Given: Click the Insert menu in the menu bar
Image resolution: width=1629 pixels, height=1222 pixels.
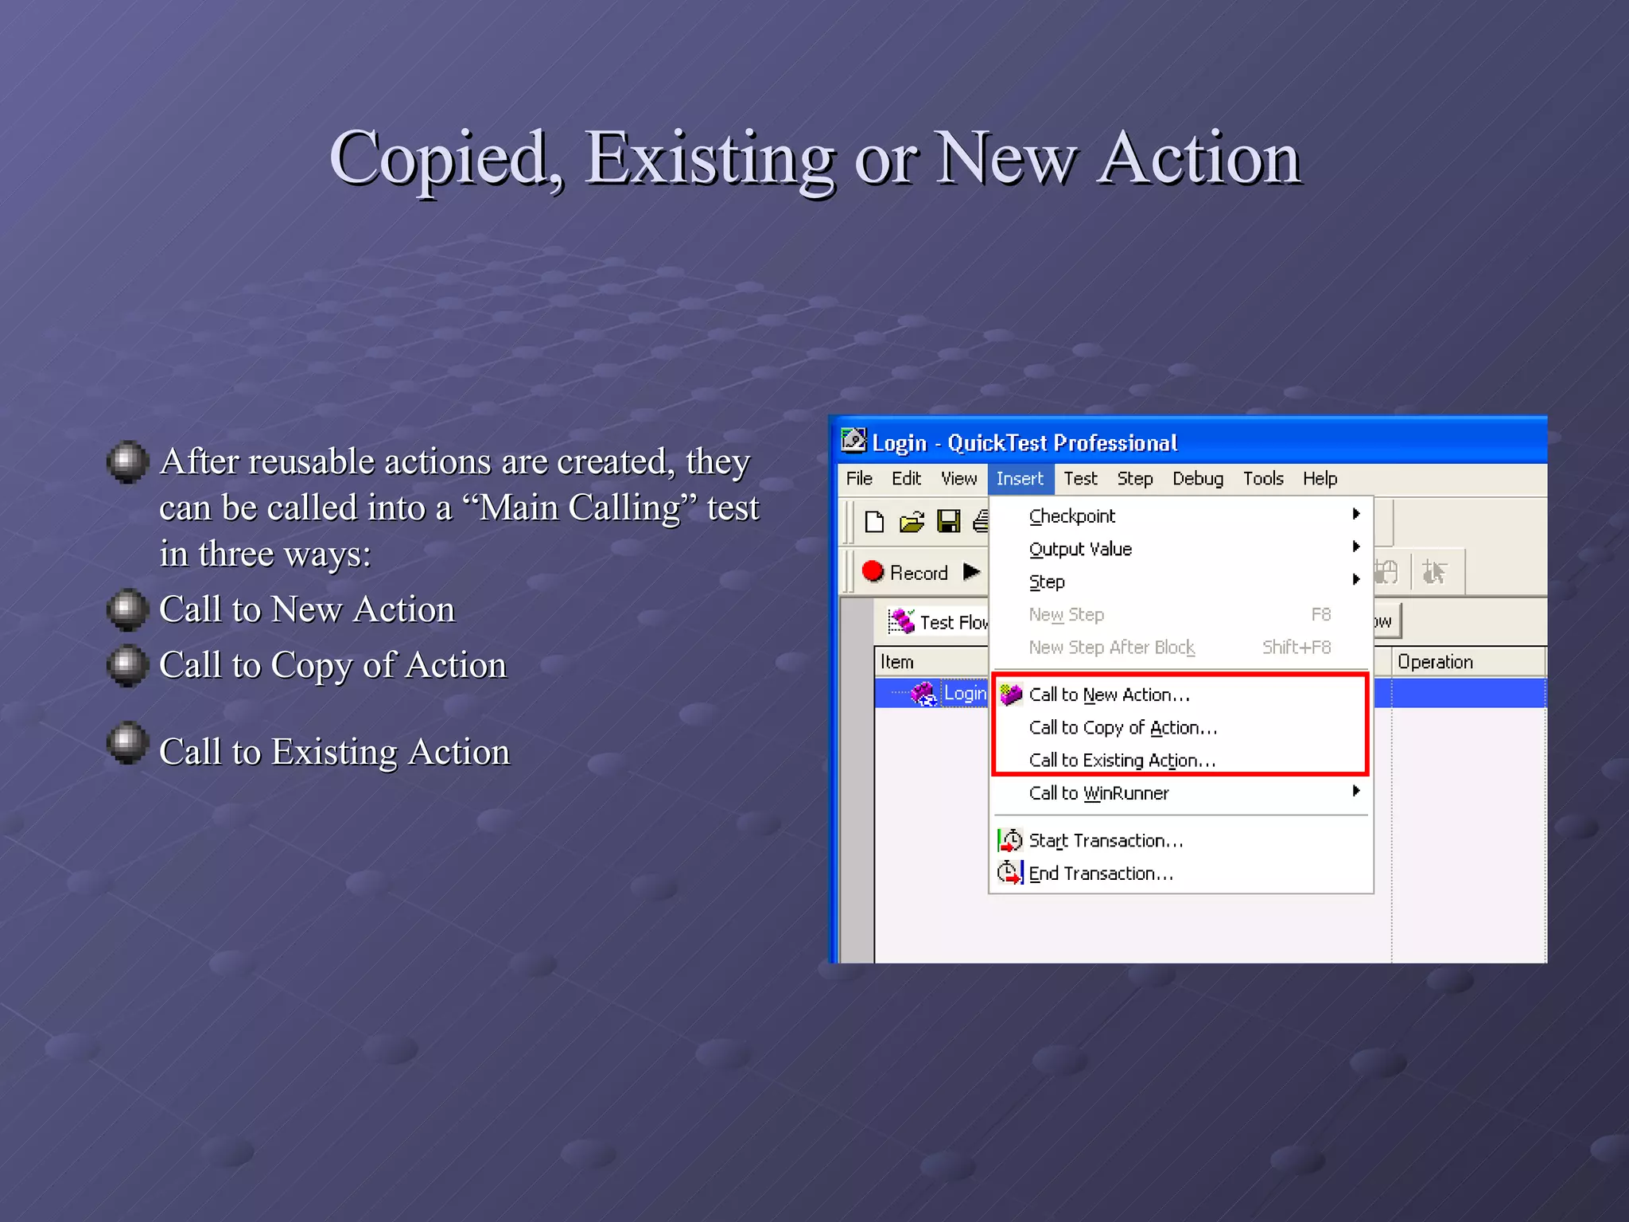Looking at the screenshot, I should point(1020,479).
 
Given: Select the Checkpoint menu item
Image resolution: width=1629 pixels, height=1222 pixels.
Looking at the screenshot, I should point(1071,516).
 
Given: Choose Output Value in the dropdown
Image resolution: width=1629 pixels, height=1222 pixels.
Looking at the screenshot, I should point(1079,549).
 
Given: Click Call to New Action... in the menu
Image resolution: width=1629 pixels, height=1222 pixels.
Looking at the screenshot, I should point(1109,695).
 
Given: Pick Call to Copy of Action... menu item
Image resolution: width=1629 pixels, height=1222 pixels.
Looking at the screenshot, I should point(1122,728).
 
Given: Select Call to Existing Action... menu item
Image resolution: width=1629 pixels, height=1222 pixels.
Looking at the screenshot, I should point(1122,761).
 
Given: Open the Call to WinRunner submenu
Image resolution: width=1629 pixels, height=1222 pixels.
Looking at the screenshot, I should point(1098,793).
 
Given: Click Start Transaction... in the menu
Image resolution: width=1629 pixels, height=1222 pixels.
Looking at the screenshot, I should point(1106,841).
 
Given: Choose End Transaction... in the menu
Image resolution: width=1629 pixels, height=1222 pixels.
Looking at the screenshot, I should point(1100,874).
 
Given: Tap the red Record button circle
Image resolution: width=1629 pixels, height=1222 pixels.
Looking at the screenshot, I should point(873,571).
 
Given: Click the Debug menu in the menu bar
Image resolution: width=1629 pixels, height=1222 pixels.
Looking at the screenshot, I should point(1197,479).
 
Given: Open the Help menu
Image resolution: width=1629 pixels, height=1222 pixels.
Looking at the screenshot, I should point(1320,479).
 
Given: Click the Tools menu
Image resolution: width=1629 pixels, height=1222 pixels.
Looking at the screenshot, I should point(1263,479).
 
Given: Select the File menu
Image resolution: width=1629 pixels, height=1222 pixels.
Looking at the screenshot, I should point(859,479).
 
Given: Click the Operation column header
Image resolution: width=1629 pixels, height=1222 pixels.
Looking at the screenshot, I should point(1435,662).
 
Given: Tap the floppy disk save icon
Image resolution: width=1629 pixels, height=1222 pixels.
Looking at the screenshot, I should point(948,522).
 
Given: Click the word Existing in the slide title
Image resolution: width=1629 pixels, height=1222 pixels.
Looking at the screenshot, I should point(710,158).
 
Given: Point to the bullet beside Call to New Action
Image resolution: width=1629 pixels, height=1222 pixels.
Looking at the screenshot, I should point(127,609).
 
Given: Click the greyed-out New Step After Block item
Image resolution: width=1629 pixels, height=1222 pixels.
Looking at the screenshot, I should point(1111,648).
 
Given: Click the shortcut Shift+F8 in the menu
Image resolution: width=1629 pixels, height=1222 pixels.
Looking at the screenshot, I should point(1296,648).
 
